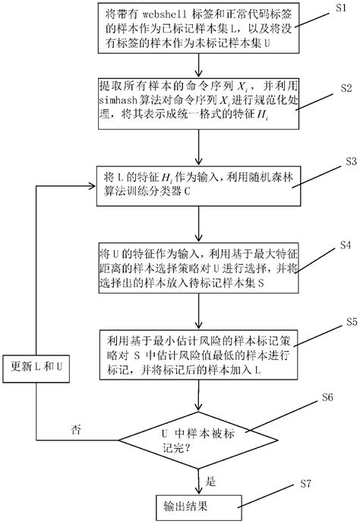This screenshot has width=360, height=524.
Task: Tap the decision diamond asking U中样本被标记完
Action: click(x=200, y=438)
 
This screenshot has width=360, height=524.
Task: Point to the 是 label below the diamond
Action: click(x=213, y=480)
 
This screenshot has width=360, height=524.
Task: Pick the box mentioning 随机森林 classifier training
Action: click(x=201, y=184)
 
